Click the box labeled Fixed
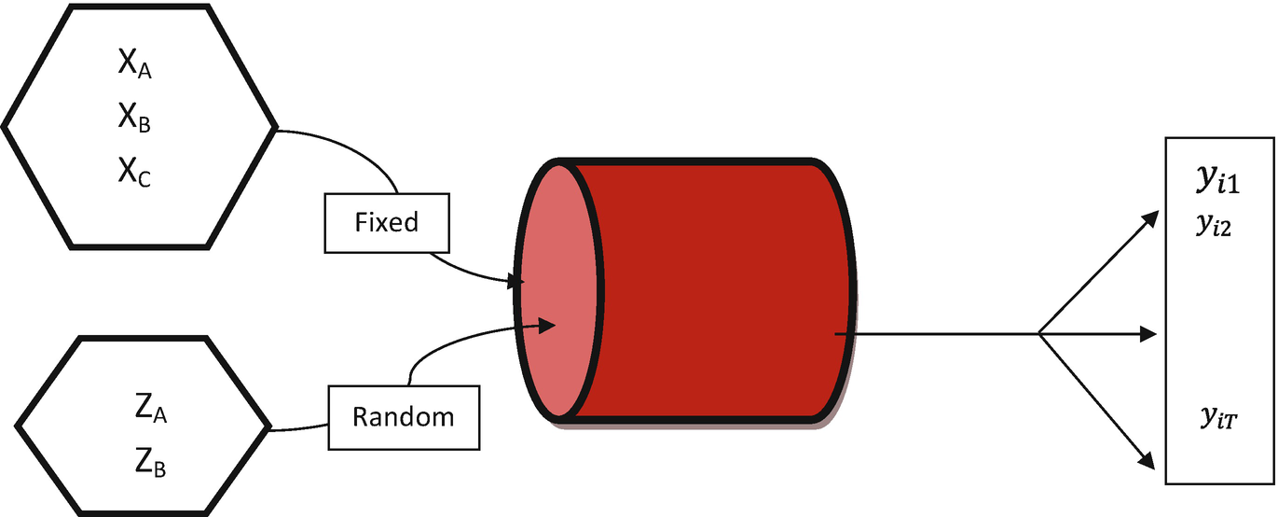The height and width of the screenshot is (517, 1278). click(x=387, y=223)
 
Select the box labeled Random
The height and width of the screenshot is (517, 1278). click(x=403, y=416)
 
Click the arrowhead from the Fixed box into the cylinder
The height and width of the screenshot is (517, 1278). click(x=515, y=280)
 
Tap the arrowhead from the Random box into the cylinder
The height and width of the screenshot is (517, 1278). click(x=549, y=326)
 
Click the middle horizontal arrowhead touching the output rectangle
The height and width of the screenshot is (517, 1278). click(x=1151, y=333)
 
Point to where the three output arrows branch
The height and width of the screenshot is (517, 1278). click(x=1039, y=333)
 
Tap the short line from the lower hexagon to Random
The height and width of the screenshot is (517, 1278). click(x=298, y=430)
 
